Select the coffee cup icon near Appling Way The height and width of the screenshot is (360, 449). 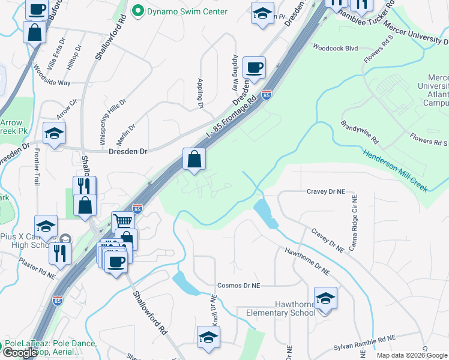[255, 68]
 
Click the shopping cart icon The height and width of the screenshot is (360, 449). [122, 221]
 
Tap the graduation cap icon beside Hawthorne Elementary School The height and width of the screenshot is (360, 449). [325, 298]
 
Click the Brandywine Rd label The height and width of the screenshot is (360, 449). [360, 133]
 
